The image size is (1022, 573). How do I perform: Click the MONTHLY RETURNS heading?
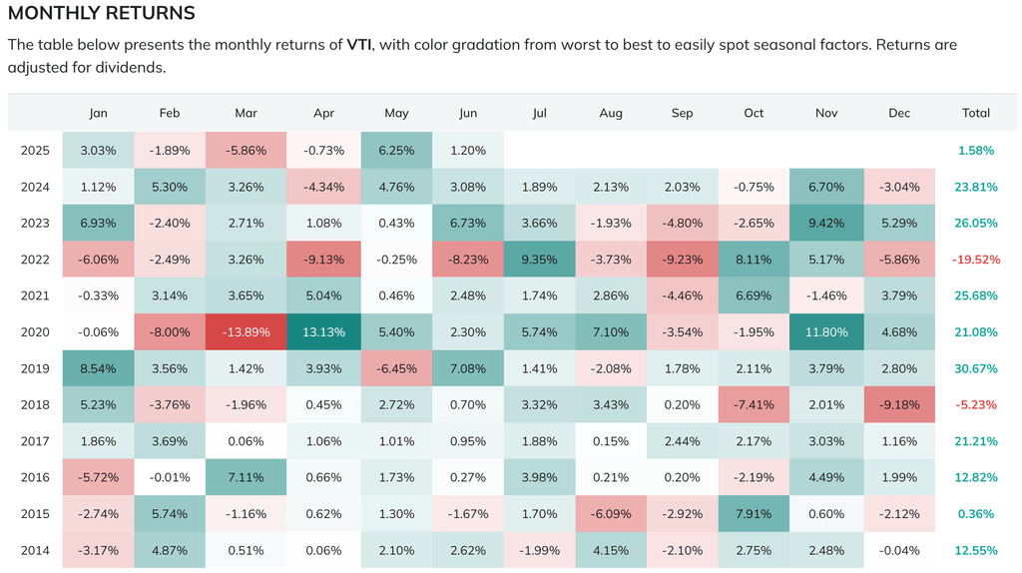click(x=102, y=14)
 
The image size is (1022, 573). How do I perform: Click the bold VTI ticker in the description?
click(x=359, y=45)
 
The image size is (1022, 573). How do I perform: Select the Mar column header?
click(x=246, y=113)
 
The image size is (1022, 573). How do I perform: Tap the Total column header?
click(x=975, y=113)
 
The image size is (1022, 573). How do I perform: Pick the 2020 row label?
click(x=34, y=331)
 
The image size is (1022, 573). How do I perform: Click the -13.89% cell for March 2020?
click(x=246, y=331)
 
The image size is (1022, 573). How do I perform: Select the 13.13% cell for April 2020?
click(x=323, y=331)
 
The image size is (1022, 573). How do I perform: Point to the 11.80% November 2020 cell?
click(x=825, y=331)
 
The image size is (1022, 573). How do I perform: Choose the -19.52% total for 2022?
click(x=975, y=259)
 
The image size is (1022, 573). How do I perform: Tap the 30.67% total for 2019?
click(x=975, y=367)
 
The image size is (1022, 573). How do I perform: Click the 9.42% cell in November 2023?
click(x=825, y=223)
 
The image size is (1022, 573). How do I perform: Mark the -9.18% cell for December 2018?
click(x=899, y=404)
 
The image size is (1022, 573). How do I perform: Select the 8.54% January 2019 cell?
click(x=98, y=367)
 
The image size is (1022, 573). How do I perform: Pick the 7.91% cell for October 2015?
click(x=754, y=513)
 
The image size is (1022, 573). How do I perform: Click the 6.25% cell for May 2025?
click(x=396, y=150)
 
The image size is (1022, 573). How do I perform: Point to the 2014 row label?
click(x=34, y=549)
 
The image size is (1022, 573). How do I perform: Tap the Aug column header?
click(x=610, y=113)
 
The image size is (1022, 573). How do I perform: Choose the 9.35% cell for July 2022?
click(x=539, y=259)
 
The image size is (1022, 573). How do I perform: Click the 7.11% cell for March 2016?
click(x=246, y=476)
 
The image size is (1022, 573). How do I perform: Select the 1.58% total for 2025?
click(x=975, y=150)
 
